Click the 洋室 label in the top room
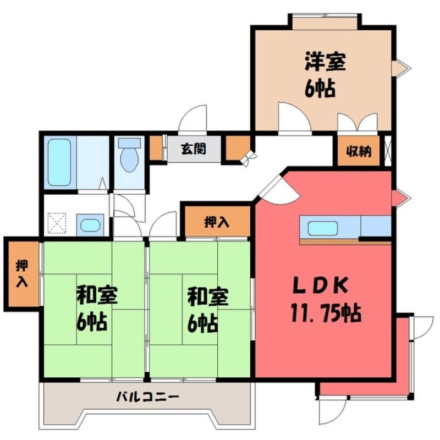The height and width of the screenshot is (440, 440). (x=325, y=62)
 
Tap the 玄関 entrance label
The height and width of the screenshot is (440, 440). (x=194, y=148)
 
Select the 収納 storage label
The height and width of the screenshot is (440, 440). (x=359, y=152)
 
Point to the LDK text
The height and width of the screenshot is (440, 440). (x=320, y=285)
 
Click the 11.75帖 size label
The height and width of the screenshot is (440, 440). (x=326, y=313)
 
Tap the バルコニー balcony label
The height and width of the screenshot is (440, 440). (x=147, y=397)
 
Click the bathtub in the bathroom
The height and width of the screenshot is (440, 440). (x=59, y=162)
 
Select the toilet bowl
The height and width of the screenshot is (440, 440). (x=129, y=155)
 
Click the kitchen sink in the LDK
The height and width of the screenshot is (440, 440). (x=323, y=228)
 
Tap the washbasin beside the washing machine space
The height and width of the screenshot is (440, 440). (x=90, y=225)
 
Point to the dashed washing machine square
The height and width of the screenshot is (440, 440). (x=57, y=223)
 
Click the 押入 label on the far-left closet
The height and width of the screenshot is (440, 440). (x=21, y=273)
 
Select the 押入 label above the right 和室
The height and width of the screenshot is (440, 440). (x=216, y=222)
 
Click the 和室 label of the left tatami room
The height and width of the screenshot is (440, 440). (x=97, y=295)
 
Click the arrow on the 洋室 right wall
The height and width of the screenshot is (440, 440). (x=402, y=68)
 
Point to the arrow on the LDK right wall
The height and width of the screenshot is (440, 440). (x=402, y=198)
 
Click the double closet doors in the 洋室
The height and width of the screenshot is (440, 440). (x=357, y=122)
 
